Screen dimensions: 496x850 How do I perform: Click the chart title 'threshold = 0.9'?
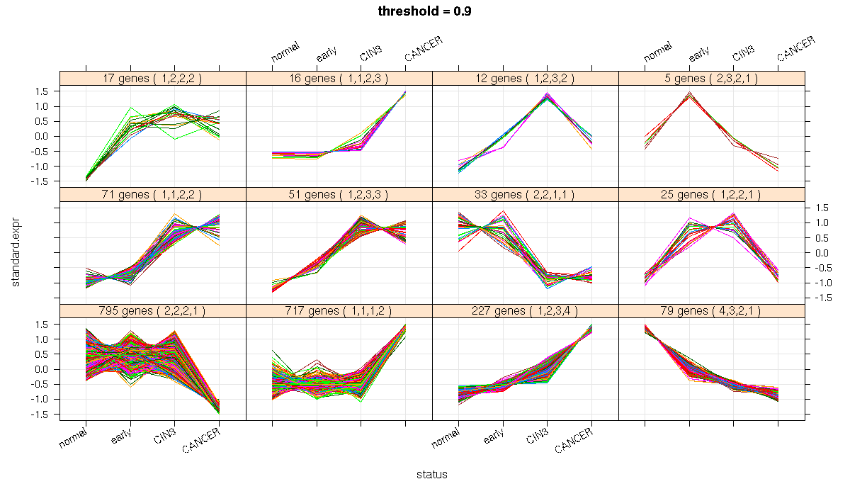(425, 11)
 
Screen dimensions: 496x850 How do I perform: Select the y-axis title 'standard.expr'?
(16, 253)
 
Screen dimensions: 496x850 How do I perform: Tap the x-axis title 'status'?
(431, 475)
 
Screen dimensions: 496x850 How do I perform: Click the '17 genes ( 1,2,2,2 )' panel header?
(152, 79)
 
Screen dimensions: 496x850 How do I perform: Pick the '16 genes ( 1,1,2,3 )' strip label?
(339, 79)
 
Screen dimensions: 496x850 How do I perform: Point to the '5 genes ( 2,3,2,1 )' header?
(712, 79)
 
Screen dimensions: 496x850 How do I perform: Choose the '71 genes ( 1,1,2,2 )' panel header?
(152, 195)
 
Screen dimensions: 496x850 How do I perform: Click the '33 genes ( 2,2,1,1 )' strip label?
(525, 195)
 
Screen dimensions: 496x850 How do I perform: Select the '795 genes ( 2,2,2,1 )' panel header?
(152, 311)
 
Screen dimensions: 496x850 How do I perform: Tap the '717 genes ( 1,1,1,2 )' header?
(339, 311)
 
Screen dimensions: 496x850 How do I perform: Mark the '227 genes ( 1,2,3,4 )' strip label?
(525, 311)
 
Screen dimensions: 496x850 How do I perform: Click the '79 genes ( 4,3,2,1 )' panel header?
(712, 311)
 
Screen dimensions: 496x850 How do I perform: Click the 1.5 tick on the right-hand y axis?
(822, 208)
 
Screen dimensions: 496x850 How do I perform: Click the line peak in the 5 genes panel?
(689, 94)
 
